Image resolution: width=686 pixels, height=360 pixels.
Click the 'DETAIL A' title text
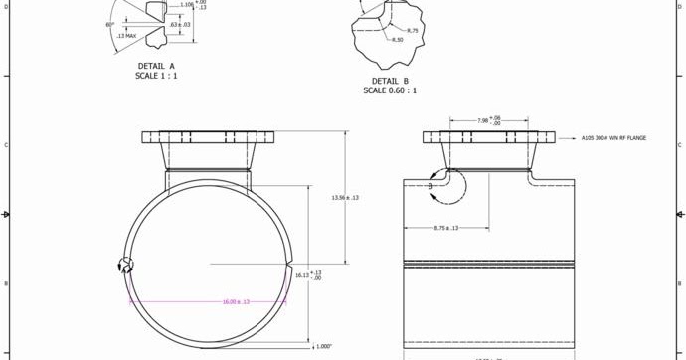pyautogui.click(x=156, y=66)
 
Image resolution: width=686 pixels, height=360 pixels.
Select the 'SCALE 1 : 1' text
pyautogui.click(x=156, y=75)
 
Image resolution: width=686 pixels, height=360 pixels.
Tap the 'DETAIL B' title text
pyautogui.click(x=390, y=81)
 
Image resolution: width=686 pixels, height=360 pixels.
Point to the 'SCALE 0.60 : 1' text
pyautogui.click(x=390, y=90)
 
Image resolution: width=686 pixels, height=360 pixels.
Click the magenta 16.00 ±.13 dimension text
pyautogui.click(x=236, y=301)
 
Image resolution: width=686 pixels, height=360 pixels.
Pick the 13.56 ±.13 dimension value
pyautogui.click(x=344, y=197)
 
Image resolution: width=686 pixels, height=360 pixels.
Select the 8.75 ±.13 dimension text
pyautogui.click(x=445, y=228)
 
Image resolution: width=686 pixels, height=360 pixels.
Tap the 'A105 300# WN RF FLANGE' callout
pyautogui.click(x=613, y=138)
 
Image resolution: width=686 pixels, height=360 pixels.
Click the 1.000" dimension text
pyautogui.click(x=323, y=346)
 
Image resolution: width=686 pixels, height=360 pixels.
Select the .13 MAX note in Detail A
pyautogui.click(x=126, y=36)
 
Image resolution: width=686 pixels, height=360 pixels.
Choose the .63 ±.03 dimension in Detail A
pyautogui.click(x=180, y=24)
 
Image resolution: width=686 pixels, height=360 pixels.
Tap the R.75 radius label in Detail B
pyautogui.click(x=413, y=30)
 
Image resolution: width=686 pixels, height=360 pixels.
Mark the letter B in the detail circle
pyautogui.click(x=430, y=186)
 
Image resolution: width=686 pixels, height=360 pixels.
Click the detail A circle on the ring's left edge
pyautogui.click(x=125, y=265)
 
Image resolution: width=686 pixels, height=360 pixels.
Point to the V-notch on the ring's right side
pyautogui.click(x=287, y=266)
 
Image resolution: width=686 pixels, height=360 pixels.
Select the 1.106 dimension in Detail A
pyautogui.click(x=187, y=4)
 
